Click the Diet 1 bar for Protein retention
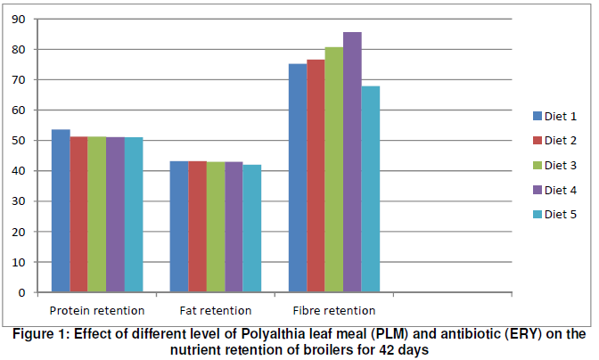pyautogui.click(x=61, y=210)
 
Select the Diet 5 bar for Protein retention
pyautogui.click(x=134, y=215)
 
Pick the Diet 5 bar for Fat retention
pyautogui.click(x=253, y=228)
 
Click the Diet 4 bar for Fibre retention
pyautogui.click(x=352, y=162)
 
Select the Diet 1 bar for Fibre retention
pyautogui.click(x=298, y=178)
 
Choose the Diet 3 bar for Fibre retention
pyautogui.click(x=334, y=169)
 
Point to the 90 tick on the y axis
pyautogui.click(x=19, y=20)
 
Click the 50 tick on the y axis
pyautogui.click(x=19, y=141)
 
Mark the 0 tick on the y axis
pyautogui.click(x=22, y=292)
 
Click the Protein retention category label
pyautogui.click(x=97, y=310)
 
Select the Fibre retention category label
pyautogui.click(x=334, y=310)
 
